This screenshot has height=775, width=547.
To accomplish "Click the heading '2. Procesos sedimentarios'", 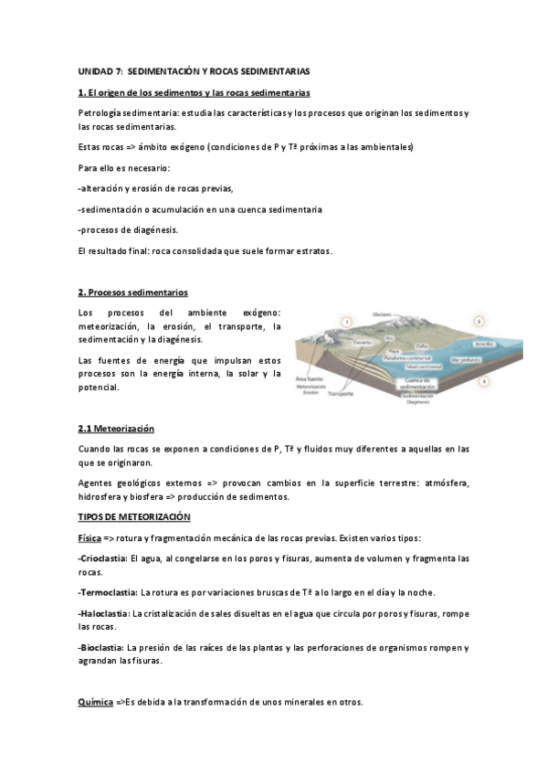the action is (132, 292).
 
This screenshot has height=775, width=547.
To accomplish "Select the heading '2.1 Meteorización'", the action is (116, 429).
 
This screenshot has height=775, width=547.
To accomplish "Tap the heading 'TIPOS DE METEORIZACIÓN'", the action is (133, 517).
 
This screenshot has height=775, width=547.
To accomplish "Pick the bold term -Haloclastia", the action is (104, 613).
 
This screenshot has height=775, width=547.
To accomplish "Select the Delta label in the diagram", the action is (421, 345).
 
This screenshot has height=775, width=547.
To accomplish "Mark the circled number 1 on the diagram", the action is (346, 321).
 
